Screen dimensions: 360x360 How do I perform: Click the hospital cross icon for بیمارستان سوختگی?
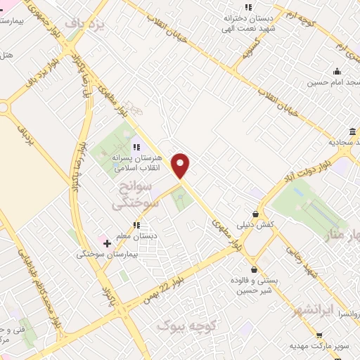point(107,244)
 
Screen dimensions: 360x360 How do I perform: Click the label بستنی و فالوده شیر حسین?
point(257,284)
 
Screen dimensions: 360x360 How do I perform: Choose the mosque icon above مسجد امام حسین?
point(337,71)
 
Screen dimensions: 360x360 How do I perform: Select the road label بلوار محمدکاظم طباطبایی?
point(39,288)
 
